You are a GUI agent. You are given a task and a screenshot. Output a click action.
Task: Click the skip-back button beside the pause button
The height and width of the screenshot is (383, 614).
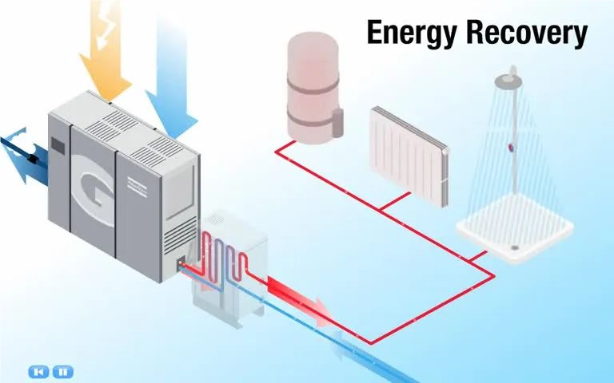[x=38, y=371]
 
